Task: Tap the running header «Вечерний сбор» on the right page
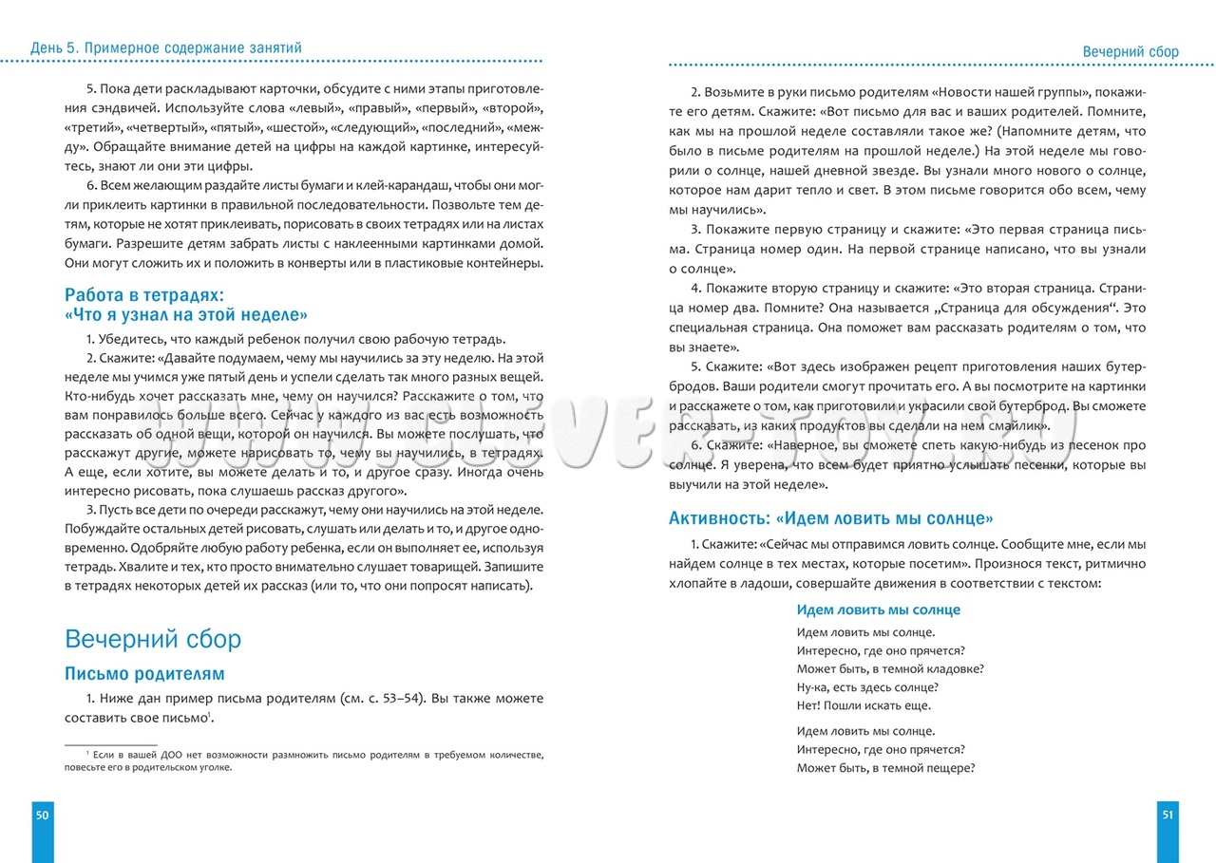[x=1130, y=52]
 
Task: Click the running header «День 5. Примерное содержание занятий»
[x=167, y=47]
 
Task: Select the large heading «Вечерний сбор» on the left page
[x=153, y=638]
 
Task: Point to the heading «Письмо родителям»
[x=144, y=674]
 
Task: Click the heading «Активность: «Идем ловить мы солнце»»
[x=831, y=518]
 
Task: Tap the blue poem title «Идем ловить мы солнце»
[x=878, y=610]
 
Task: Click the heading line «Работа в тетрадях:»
[x=142, y=295]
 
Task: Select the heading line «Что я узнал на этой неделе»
[x=186, y=314]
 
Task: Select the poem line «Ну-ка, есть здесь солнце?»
[x=867, y=686]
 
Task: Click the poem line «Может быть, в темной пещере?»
[x=886, y=768]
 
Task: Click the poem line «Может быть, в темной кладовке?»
[x=890, y=668]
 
